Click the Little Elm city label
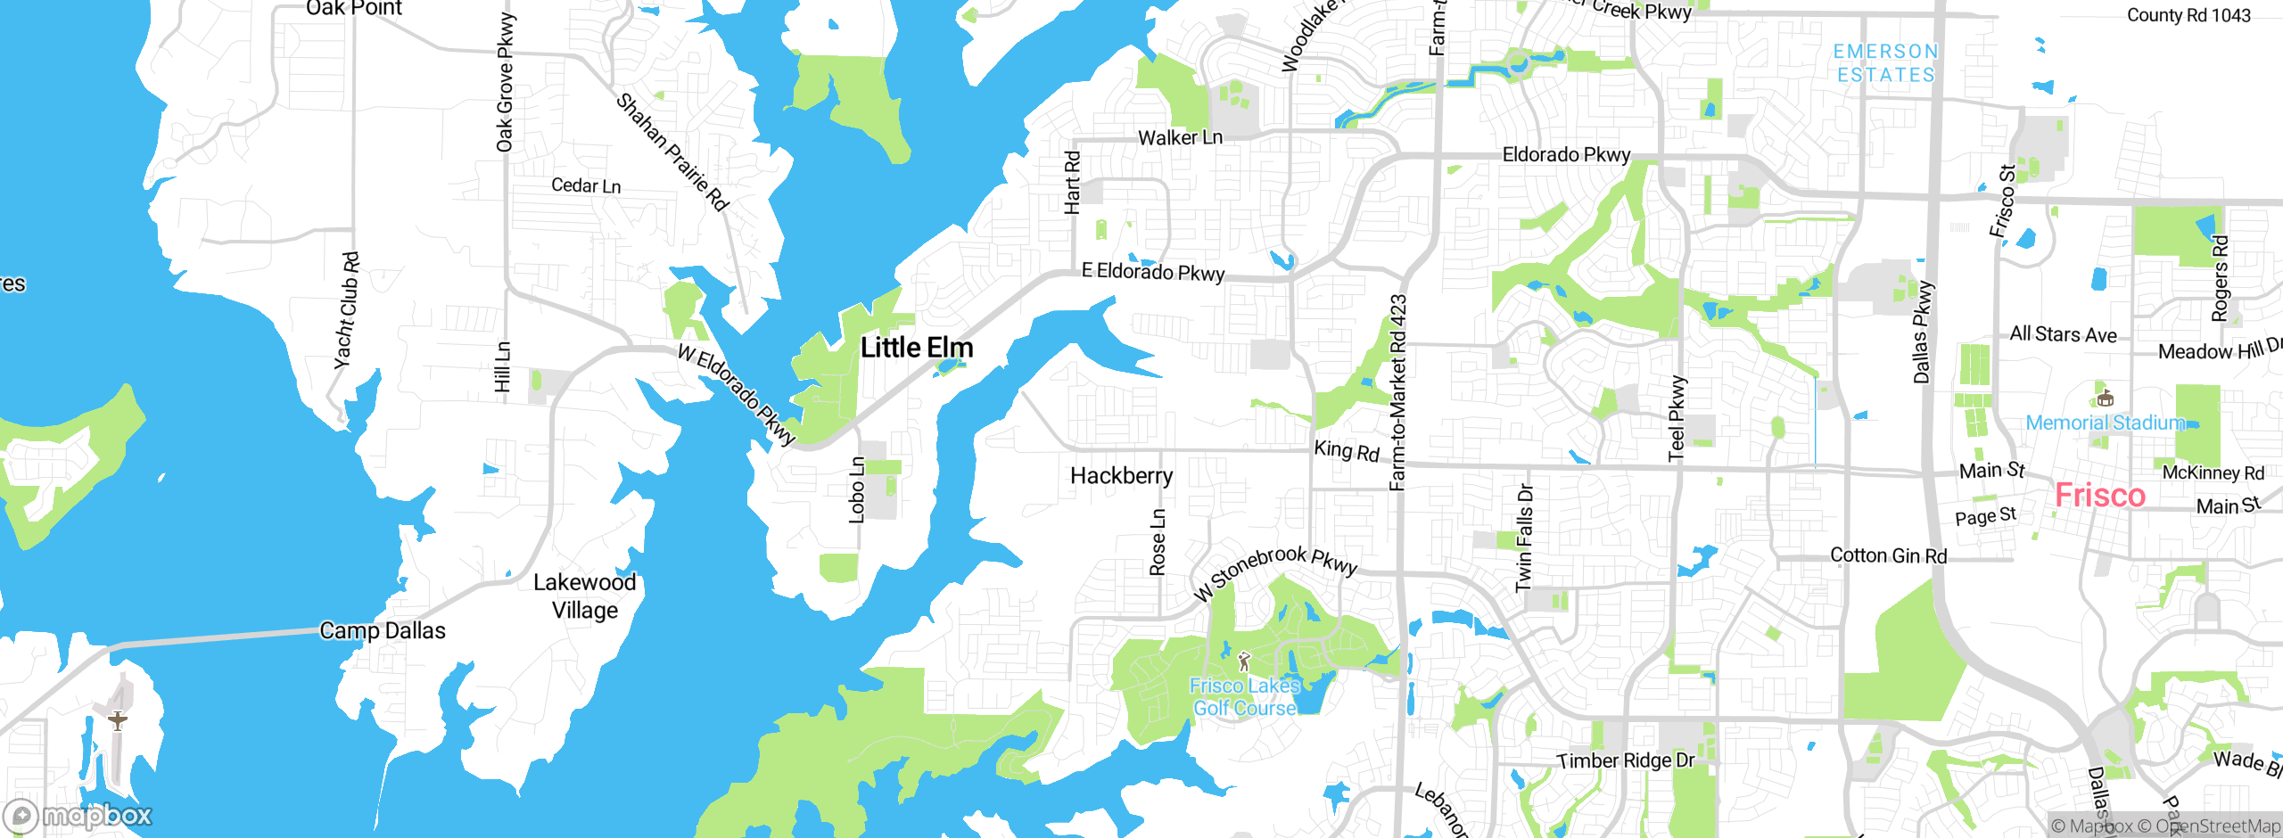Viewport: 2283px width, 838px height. click(x=916, y=348)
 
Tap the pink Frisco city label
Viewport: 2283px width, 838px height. click(x=2099, y=496)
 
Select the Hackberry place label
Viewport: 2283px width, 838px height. click(x=1121, y=476)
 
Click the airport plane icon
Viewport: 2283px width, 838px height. click(x=117, y=719)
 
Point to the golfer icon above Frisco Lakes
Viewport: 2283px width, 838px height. click(x=1244, y=661)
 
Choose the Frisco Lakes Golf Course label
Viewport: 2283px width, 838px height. click(x=1245, y=697)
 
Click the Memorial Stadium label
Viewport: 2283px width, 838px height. click(x=2105, y=423)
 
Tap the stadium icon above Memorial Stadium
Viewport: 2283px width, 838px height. click(x=2105, y=397)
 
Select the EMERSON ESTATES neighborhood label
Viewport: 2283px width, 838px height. click(x=1885, y=63)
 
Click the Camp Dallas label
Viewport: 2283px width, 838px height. click(x=382, y=630)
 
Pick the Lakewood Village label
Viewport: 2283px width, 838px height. click(x=584, y=596)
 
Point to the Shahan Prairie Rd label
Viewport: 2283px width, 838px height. click(x=672, y=152)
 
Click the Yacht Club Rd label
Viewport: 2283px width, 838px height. click(x=347, y=310)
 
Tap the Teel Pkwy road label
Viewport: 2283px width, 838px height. click(x=1677, y=418)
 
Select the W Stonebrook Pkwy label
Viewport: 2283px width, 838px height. click(x=1275, y=571)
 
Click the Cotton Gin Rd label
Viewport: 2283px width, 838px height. click(x=1888, y=555)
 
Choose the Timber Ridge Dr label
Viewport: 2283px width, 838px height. click(x=1625, y=760)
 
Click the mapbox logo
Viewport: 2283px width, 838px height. click(x=78, y=815)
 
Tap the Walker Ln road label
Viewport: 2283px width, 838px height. click(x=1180, y=138)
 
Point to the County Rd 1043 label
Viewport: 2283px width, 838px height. click(x=2188, y=15)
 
